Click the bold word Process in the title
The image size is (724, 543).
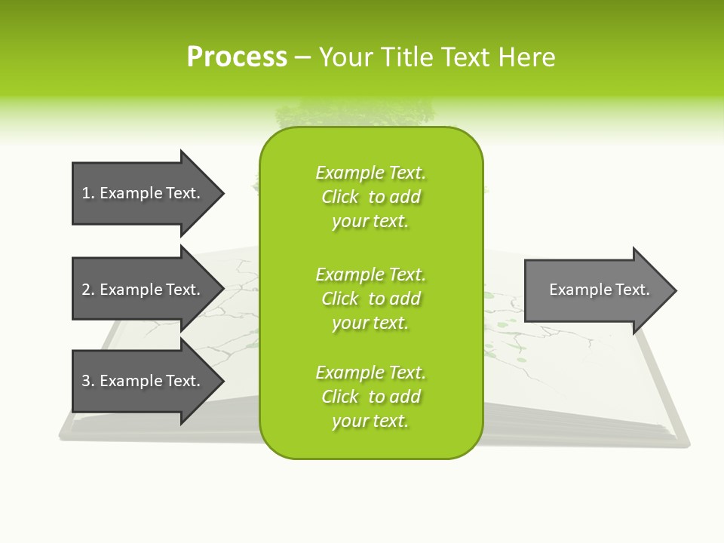237,57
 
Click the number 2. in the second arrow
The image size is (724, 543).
87,290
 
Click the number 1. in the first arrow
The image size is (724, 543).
87,193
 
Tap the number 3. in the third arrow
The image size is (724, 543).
87,381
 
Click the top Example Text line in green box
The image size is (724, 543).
370,173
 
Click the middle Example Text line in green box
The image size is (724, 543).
370,274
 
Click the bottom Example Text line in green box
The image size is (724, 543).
370,372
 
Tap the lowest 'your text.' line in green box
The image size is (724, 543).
370,421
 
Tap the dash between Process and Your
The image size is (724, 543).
302,57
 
